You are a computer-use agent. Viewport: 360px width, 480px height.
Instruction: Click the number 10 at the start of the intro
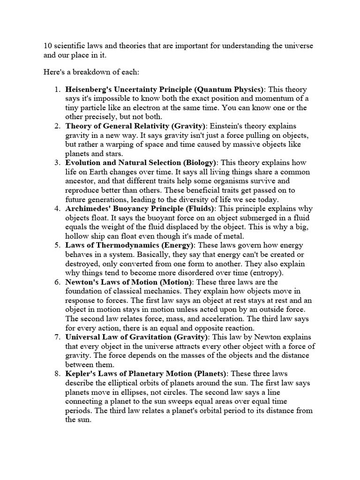47,46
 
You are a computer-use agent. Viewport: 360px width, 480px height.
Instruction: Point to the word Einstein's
226,126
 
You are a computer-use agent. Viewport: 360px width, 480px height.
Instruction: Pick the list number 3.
57,163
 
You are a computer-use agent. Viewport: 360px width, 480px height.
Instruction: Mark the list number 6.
57,282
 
